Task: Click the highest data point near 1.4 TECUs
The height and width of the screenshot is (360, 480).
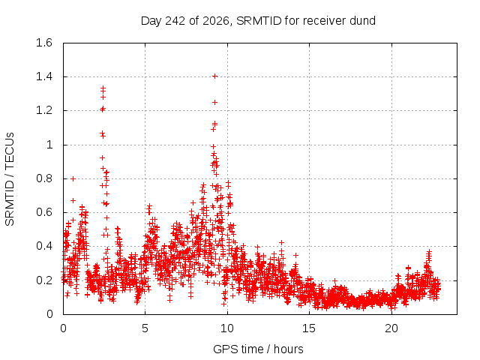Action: point(215,76)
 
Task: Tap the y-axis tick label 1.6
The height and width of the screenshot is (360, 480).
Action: point(44,43)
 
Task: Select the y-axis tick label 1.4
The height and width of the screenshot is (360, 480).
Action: point(44,76)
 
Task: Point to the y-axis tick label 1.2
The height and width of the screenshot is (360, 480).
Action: point(44,110)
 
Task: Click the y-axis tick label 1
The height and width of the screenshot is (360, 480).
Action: point(49,145)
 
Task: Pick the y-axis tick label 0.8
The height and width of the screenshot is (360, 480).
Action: point(44,178)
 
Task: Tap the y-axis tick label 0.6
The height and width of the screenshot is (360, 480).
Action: point(44,212)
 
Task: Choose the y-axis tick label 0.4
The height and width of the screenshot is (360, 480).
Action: point(44,246)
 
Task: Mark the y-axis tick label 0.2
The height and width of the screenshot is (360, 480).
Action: point(44,280)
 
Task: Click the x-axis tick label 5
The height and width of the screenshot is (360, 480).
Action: point(145,328)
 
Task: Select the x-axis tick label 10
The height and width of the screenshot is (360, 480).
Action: point(227,328)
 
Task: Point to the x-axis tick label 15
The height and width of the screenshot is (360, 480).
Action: point(309,328)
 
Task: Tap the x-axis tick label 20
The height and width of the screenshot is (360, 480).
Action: point(391,328)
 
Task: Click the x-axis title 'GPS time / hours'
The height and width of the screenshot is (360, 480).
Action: point(258,349)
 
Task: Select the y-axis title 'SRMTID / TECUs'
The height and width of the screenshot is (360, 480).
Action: point(10,179)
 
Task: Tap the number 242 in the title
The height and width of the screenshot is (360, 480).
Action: point(175,21)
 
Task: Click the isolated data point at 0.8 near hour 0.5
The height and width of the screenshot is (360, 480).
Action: point(73,178)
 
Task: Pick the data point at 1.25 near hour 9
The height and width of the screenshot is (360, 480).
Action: point(215,102)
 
